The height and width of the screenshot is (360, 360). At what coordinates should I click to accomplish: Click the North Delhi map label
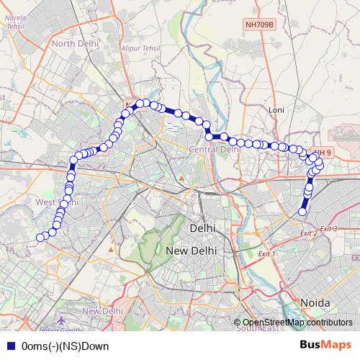pyautogui.click(x=73, y=43)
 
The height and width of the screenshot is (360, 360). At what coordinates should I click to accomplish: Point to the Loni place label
pyautogui.click(x=276, y=109)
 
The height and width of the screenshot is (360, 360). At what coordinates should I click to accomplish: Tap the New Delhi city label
pyautogui.click(x=189, y=251)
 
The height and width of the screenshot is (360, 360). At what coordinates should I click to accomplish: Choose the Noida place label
pyautogui.click(x=315, y=302)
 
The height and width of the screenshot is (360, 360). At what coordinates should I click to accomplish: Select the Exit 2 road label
pyautogui.click(x=308, y=233)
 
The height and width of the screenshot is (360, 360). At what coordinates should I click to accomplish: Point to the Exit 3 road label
pyautogui.click(x=329, y=228)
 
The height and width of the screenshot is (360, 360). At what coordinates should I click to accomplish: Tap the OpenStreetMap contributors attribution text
pyautogui.click(x=297, y=322)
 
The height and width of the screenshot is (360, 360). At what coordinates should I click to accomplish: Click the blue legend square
pyautogui.click(x=12, y=346)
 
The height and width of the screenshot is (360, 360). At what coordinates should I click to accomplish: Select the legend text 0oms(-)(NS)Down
pyautogui.click(x=66, y=346)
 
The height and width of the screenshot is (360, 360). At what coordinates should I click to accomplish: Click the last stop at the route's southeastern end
pyautogui.click(x=302, y=212)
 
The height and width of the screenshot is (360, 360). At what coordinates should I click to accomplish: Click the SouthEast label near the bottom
pyautogui.click(x=251, y=329)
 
